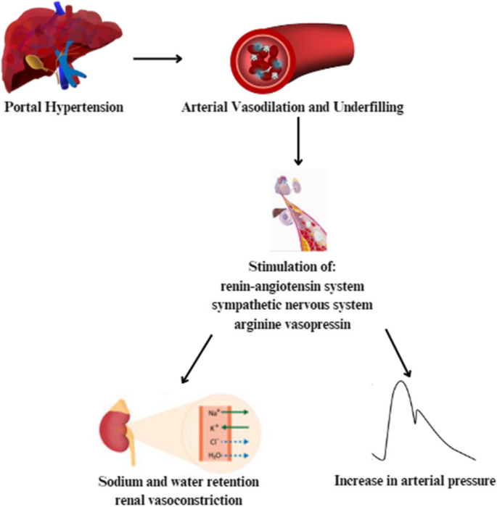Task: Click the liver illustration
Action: click(62, 51)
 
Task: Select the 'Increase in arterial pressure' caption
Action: click(415, 481)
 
